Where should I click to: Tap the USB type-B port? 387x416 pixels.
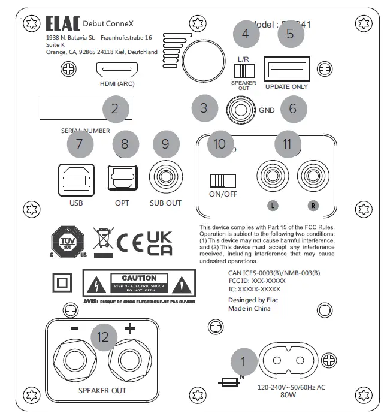click(x=76, y=180)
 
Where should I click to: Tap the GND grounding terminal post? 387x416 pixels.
click(x=238, y=110)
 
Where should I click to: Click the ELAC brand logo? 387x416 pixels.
click(x=62, y=24)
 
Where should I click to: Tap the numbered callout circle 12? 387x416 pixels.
click(x=103, y=337)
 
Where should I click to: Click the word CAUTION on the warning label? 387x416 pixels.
click(x=139, y=278)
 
